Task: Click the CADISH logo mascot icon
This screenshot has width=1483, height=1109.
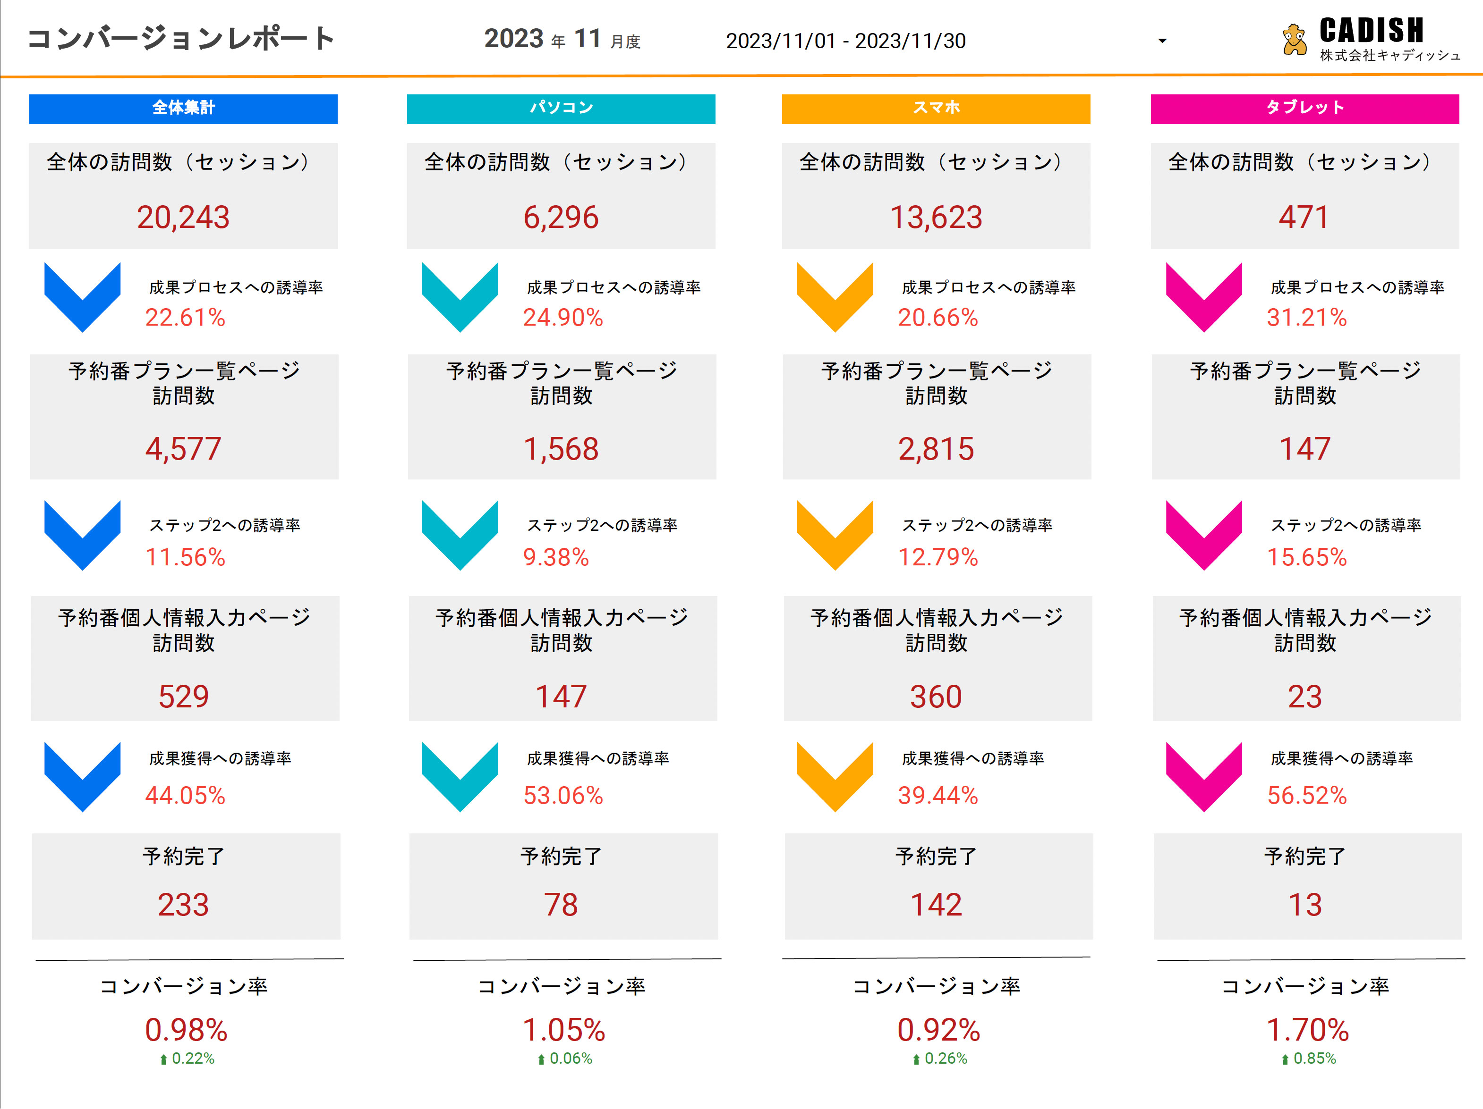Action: (1294, 40)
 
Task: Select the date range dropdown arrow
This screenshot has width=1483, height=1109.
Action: (1162, 41)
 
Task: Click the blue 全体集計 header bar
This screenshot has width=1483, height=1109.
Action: (183, 109)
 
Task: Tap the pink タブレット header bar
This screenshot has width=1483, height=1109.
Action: (1304, 109)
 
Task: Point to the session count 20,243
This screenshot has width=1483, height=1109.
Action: (183, 217)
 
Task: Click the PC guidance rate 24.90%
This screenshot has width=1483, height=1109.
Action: (563, 317)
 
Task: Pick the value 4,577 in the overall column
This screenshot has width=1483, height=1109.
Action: (183, 448)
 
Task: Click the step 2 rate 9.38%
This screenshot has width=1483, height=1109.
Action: (556, 557)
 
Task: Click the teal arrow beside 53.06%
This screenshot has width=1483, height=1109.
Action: (460, 776)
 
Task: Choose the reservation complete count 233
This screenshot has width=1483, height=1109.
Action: (183, 905)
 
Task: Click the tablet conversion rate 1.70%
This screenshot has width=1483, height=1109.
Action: (1307, 1030)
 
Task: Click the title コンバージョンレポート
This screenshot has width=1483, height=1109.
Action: (180, 39)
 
